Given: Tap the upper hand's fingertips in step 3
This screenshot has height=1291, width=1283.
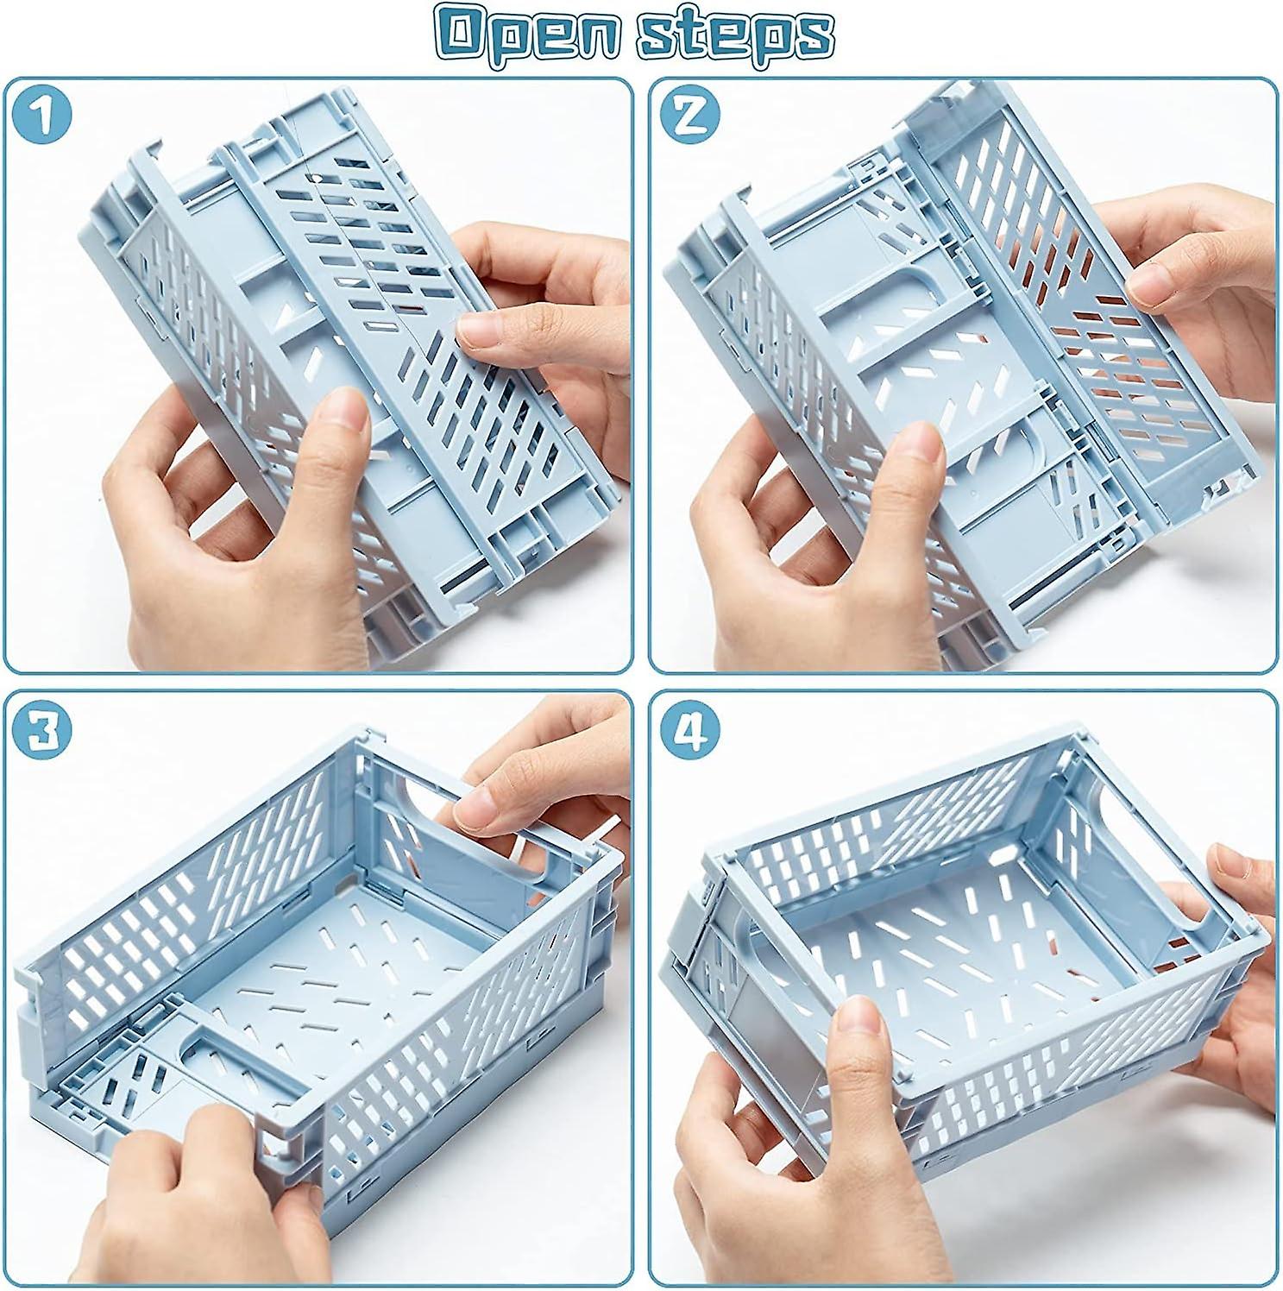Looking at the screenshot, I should pyautogui.click(x=470, y=807).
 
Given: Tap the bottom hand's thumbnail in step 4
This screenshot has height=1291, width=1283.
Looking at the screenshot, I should pyautogui.click(x=858, y=1027).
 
